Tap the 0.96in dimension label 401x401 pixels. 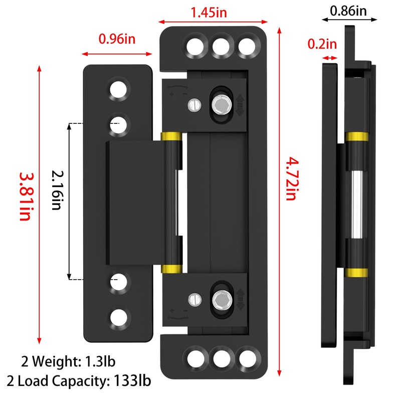[116, 38]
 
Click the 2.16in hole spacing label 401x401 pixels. [56, 190]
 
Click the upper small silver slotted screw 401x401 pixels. [193, 105]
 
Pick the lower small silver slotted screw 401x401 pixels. [193, 300]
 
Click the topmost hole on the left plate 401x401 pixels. [119, 89]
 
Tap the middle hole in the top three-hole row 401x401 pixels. [220, 46]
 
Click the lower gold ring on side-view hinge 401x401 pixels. [356, 272]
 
